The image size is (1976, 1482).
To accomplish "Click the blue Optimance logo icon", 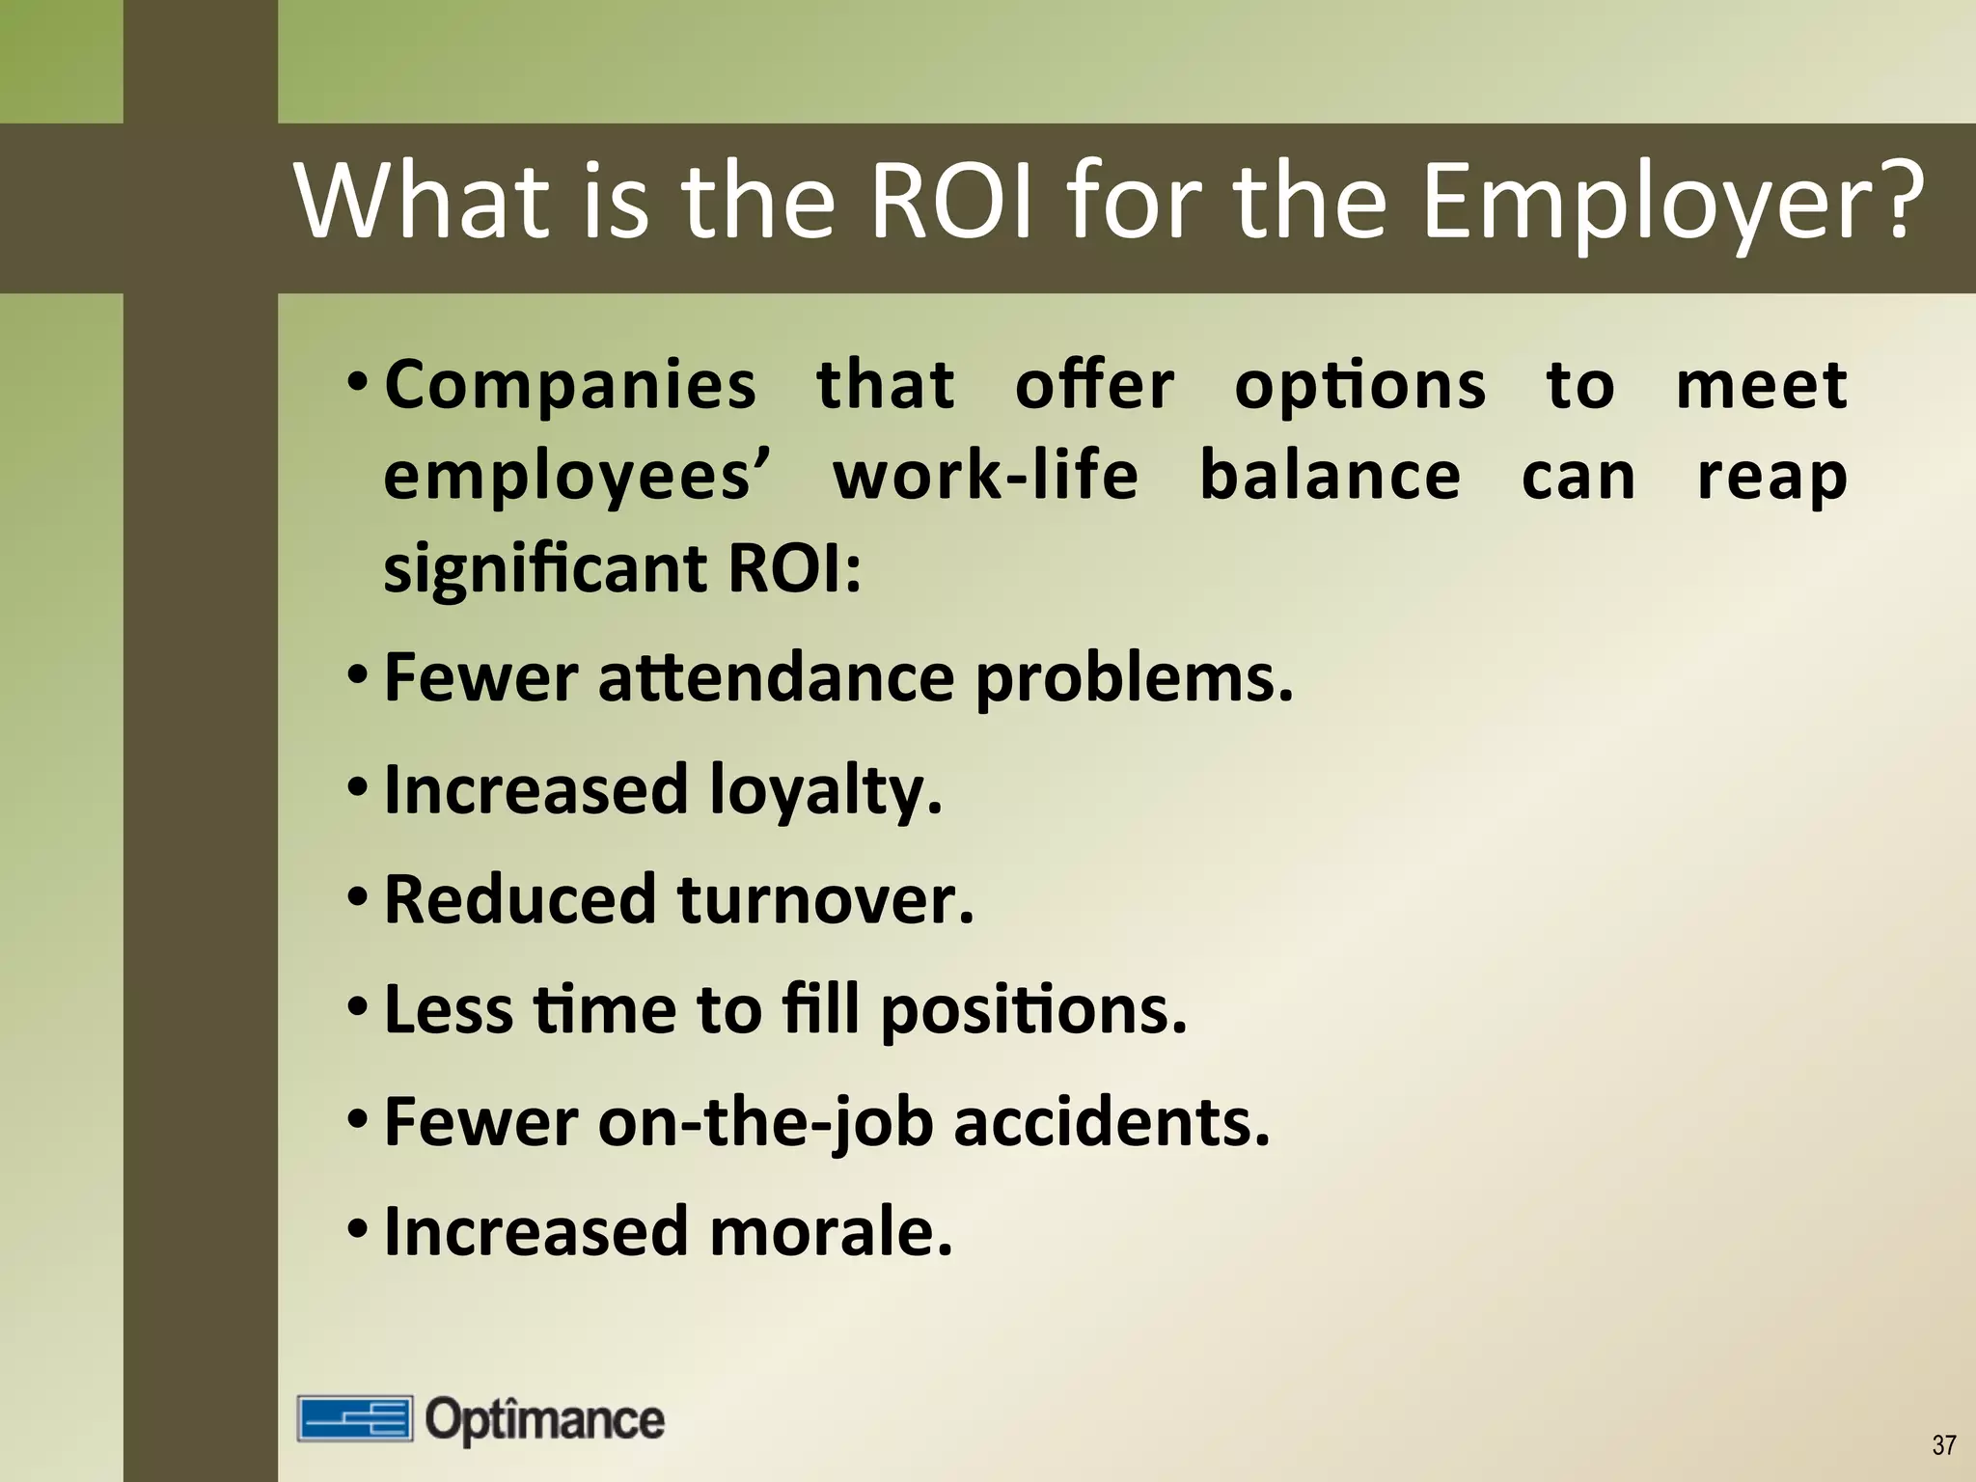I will [x=354, y=1418].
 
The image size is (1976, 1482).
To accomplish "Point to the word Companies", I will [x=570, y=385].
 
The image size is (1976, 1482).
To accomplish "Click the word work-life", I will [x=985, y=476].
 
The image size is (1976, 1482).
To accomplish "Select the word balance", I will [x=1330, y=476].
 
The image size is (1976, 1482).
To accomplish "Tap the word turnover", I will [x=825, y=899].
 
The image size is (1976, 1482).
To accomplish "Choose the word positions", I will [x=1033, y=1011].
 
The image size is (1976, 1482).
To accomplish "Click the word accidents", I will [x=1111, y=1122].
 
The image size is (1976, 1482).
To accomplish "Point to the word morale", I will [x=831, y=1232].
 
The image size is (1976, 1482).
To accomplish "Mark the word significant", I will [x=546, y=569].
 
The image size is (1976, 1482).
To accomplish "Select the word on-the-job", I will [x=766, y=1122].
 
